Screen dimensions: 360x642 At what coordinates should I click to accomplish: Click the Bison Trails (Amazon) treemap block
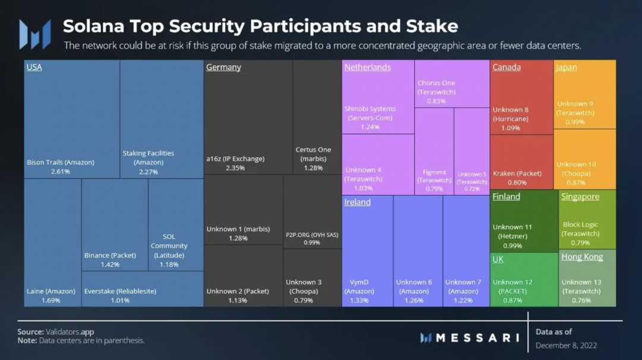pos(71,119)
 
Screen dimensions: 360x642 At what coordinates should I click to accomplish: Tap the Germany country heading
pos(224,67)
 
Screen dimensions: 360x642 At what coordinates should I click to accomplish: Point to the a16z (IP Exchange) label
pos(235,159)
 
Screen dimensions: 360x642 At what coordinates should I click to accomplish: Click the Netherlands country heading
pos(367,67)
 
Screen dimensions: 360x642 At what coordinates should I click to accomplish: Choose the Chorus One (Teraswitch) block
pos(452,83)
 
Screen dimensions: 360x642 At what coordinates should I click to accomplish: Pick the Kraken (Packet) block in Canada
pos(521,162)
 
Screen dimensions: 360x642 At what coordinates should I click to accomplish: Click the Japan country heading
pos(566,67)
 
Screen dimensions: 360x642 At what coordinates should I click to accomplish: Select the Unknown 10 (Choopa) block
pos(585,159)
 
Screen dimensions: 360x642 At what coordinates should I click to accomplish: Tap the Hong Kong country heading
pos(582,257)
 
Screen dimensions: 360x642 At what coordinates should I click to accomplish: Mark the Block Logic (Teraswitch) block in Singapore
pos(587,220)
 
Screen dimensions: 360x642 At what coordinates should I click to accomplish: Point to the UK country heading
pos(498,259)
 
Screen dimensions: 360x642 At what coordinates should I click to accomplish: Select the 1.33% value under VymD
pos(359,301)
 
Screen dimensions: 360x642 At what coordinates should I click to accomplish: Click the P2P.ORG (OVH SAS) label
pos(312,235)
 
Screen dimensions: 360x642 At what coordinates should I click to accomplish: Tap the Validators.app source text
pos(70,332)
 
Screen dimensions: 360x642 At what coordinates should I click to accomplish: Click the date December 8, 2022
pos(566,346)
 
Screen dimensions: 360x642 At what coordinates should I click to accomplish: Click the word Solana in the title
pos(94,26)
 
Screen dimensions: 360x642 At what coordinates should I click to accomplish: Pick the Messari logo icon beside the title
pos(34,34)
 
